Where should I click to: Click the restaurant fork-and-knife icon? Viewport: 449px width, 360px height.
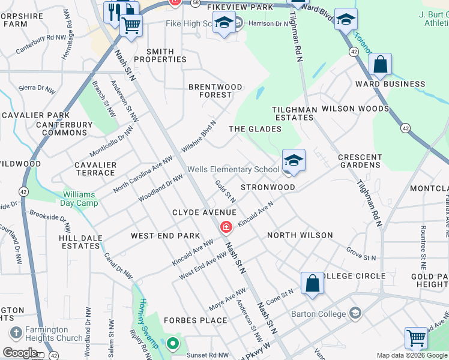click(x=113, y=11)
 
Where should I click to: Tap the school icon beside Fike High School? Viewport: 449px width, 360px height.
click(x=224, y=24)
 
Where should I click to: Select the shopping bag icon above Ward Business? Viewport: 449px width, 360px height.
click(x=380, y=64)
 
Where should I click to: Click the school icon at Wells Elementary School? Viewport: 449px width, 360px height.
click(x=294, y=160)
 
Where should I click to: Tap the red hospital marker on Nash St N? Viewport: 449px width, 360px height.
click(x=226, y=227)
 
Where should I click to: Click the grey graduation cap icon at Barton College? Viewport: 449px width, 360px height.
click(x=355, y=313)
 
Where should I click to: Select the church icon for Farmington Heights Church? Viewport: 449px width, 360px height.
click(x=15, y=332)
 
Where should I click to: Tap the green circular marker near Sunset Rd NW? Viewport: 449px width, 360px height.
click(x=173, y=344)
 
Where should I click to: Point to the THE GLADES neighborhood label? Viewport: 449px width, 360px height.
click(x=255, y=129)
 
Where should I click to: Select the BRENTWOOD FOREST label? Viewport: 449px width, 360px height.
click(x=215, y=91)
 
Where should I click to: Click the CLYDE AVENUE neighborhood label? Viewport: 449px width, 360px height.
click(x=203, y=212)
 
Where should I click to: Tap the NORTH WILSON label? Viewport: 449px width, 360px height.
click(x=300, y=235)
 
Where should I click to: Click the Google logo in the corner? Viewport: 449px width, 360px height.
click(x=20, y=352)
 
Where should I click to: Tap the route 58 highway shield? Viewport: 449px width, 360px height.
click(x=195, y=3)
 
